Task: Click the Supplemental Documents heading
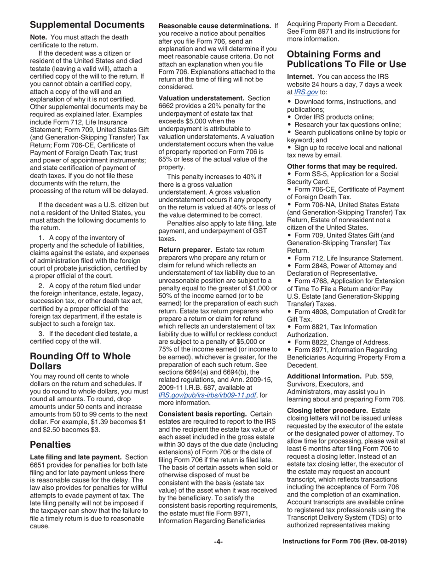coord(87,25)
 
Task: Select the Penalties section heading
coord(50,444)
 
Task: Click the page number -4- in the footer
coord(218,542)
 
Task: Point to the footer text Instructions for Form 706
coord(345,542)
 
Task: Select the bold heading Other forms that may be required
coord(342,166)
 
